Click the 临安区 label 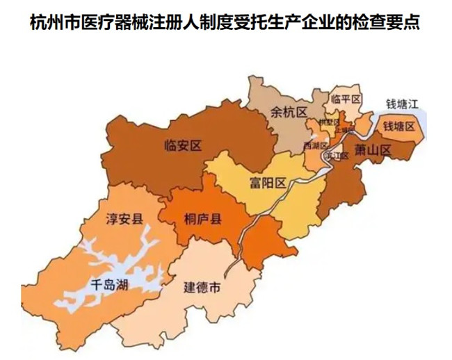coord(182,146)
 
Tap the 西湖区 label coord(315,145)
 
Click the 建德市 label coord(202,286)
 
